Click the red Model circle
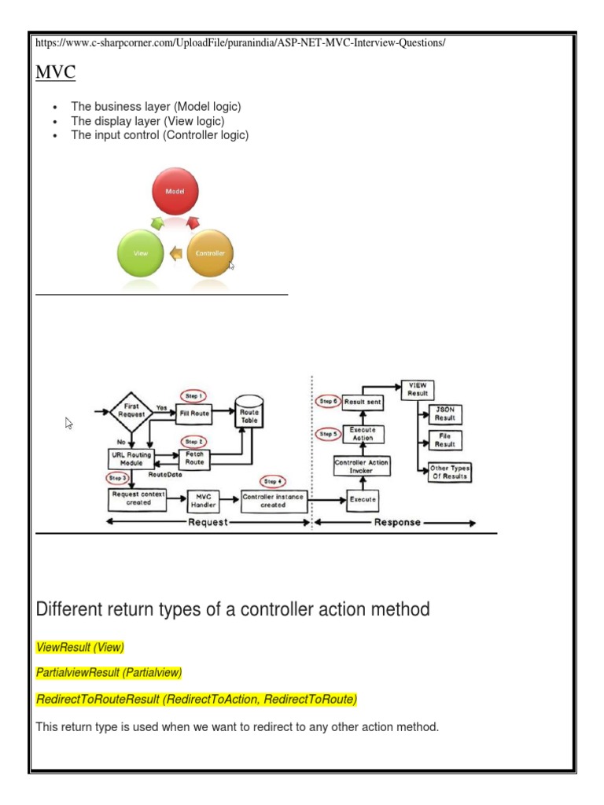coord(175,192)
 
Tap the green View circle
coord(141,253)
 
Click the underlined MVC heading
coord(56,73)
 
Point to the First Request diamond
coord(132,412)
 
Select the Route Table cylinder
coord(249,416)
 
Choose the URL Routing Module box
coord(131,458)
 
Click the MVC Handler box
coord(204,501)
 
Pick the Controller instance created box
coord(273,501)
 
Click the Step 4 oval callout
coord(273,480)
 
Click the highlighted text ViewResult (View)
coord(80,647)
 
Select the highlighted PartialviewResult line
coord(109,672)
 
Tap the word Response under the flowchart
coord(397,522)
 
